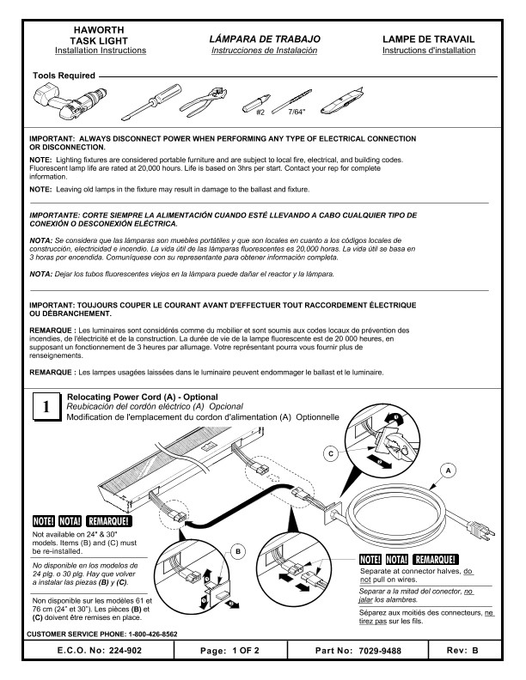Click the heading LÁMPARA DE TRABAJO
[265, 39]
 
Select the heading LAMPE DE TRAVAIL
[428, 39]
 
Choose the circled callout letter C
[331, 452]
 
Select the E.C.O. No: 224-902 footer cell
[95, 652]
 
